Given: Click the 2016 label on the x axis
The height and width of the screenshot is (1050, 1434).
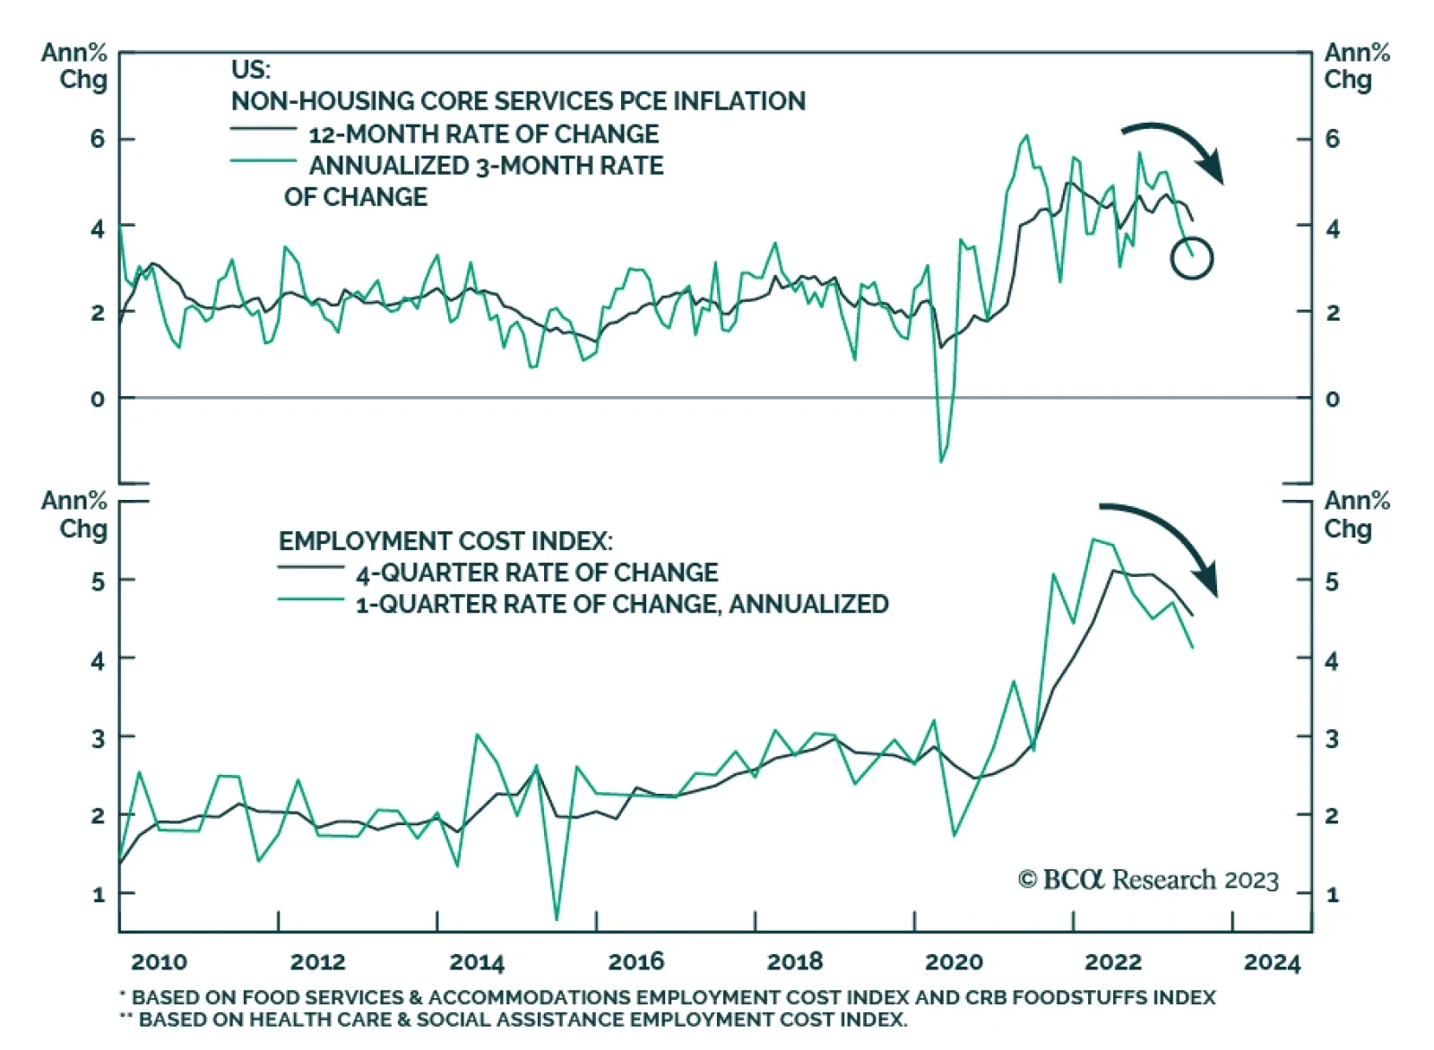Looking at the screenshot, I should tap(635, 962).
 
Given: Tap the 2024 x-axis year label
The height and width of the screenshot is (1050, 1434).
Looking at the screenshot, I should tap(1272, 962).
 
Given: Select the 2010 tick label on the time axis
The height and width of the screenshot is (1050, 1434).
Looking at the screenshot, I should tap(159, 962).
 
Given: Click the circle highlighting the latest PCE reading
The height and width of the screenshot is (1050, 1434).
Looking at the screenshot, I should tap(1191, 258).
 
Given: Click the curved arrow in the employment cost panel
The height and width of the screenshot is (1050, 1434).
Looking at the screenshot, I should tap(1165, 538).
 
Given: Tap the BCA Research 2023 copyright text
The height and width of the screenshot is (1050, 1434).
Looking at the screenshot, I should tap(1148, 880).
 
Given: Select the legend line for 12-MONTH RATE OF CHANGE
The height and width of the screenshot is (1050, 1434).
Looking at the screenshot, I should tap(263, 130).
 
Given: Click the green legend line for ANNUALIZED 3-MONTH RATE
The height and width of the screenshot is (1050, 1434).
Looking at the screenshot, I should tap(263, 161).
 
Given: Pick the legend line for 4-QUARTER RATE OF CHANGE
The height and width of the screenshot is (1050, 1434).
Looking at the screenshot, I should tap(310, 567).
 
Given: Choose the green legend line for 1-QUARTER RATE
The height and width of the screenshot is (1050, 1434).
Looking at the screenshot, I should tap(310, 598).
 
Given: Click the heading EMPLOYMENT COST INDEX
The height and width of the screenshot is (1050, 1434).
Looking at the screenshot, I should tap(445, 541).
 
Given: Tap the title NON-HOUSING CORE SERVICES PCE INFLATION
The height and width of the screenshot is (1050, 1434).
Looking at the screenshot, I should tap(518, 101).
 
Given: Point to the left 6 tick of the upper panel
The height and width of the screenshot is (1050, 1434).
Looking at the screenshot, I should tap(97, 139).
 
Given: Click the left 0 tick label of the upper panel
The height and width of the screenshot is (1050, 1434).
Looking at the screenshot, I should tap(97, 399).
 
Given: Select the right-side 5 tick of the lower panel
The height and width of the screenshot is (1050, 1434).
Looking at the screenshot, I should tap(1332, 581).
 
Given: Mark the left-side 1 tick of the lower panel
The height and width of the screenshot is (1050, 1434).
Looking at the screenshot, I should tap(98, 894).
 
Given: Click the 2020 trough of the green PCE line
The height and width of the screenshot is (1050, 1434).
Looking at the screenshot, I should tap(941, 460).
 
